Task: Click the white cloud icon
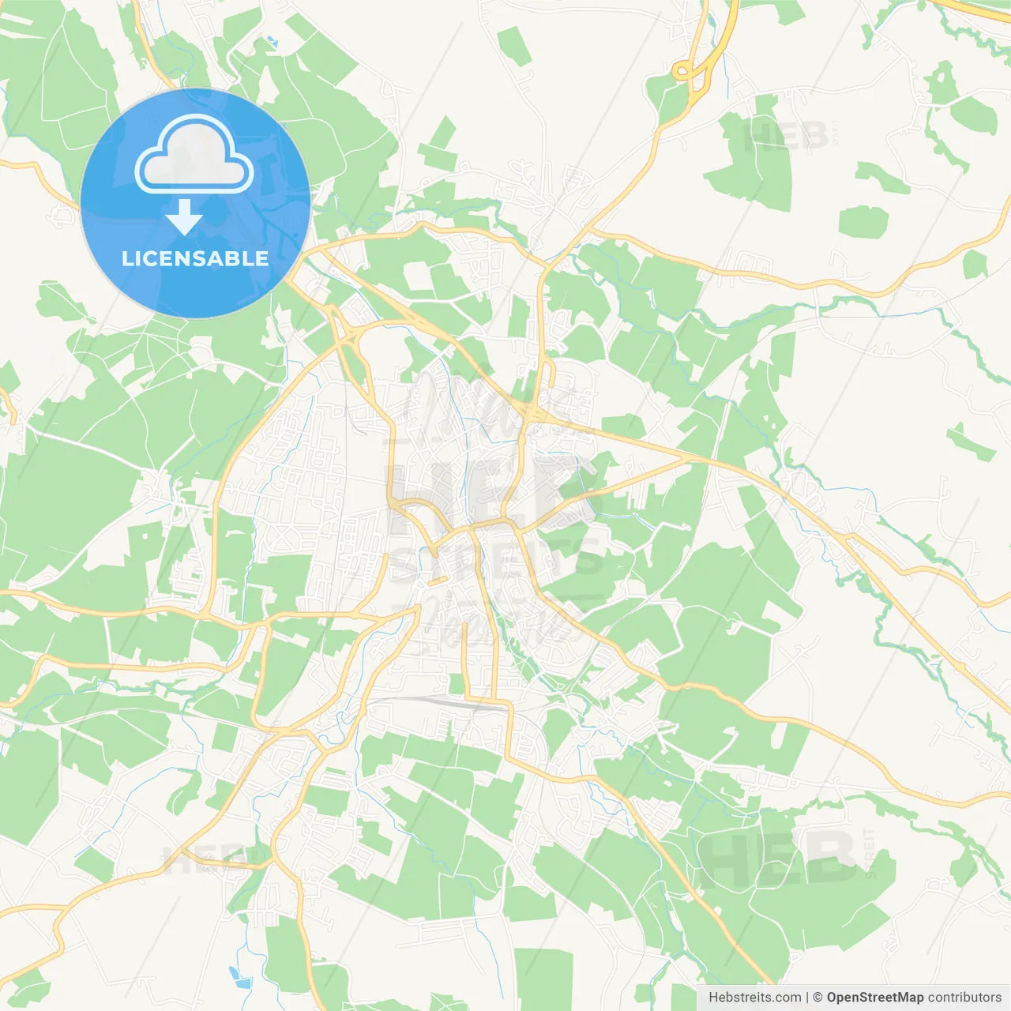(194, 155)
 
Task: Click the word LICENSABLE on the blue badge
(195, 259)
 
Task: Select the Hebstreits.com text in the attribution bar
(754, 998)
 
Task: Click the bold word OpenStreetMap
(874, 998)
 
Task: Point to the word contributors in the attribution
(964, 998)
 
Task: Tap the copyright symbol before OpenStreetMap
(817, 998)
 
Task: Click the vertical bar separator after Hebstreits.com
(806, 998)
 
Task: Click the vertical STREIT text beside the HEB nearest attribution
(870, 853)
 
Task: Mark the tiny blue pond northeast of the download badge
(272, 40)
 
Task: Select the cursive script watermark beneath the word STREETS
(494, 620)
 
